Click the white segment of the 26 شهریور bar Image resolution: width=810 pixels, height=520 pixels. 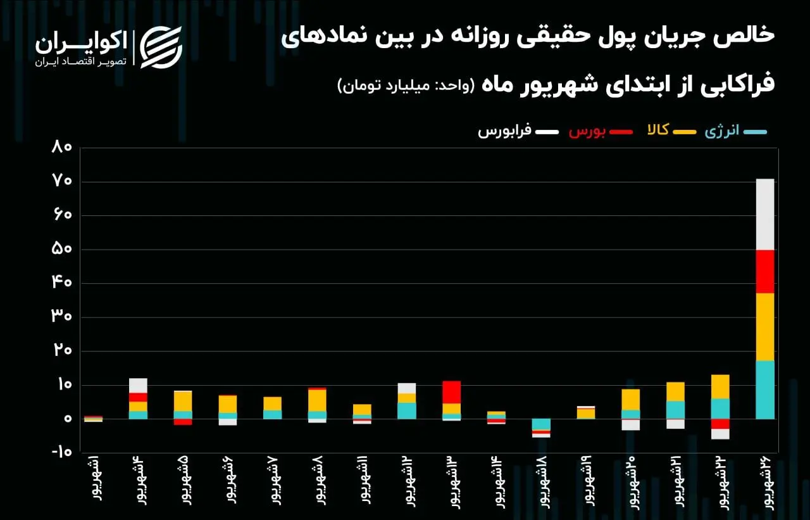tap(765, 214)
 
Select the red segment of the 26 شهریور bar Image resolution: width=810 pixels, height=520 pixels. tap(765, 271)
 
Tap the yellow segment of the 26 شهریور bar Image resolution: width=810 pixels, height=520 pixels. tap(765, 327)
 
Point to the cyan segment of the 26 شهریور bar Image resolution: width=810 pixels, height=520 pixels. tap(765, 390)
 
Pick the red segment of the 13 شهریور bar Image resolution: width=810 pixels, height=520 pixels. tap(451, 392)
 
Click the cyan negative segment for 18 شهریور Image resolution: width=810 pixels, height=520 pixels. tap(541, 424)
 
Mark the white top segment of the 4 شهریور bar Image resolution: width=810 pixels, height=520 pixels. tap(138, 385)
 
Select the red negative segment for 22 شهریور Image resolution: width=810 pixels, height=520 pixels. tap(720, 424)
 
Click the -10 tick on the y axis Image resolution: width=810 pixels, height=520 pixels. tap(62, 453)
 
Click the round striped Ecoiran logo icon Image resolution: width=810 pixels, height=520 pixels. tap(161, 47)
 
